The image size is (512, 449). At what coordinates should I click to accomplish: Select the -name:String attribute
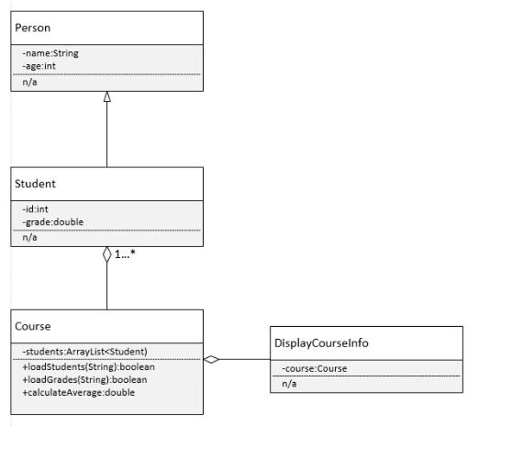[50, 53]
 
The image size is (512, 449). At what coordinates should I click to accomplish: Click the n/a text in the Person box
[28, 82]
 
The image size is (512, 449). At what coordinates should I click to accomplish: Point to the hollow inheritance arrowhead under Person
[107, 96]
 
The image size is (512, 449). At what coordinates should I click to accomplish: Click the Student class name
[35, 183]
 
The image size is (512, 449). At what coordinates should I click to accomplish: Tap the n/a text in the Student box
[28, 238]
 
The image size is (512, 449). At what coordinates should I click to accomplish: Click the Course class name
[33, 326]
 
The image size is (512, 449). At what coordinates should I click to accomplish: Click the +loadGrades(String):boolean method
[84, 378]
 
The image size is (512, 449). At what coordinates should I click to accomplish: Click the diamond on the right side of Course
[212, 360]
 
